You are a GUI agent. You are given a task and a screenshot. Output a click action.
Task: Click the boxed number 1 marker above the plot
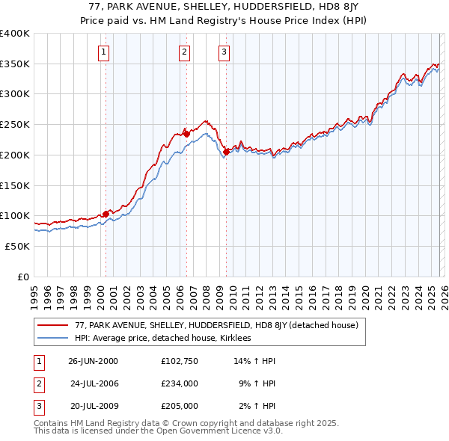tap(103, 52)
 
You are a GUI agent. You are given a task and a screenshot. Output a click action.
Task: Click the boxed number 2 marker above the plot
tap(184, 52)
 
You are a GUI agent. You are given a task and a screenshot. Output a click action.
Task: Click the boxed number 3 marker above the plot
tap(224, 52)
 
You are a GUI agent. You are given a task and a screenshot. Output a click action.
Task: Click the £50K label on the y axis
tap(18, 246)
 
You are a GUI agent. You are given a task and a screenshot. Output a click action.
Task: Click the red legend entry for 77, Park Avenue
tap(217, 325)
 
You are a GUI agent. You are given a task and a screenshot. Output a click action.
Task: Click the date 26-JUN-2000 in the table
tap(93, 361)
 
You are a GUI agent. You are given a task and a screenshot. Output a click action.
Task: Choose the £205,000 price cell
tap(179, 406)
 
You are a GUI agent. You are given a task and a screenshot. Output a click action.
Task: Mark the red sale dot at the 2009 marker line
tap(226, 152)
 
